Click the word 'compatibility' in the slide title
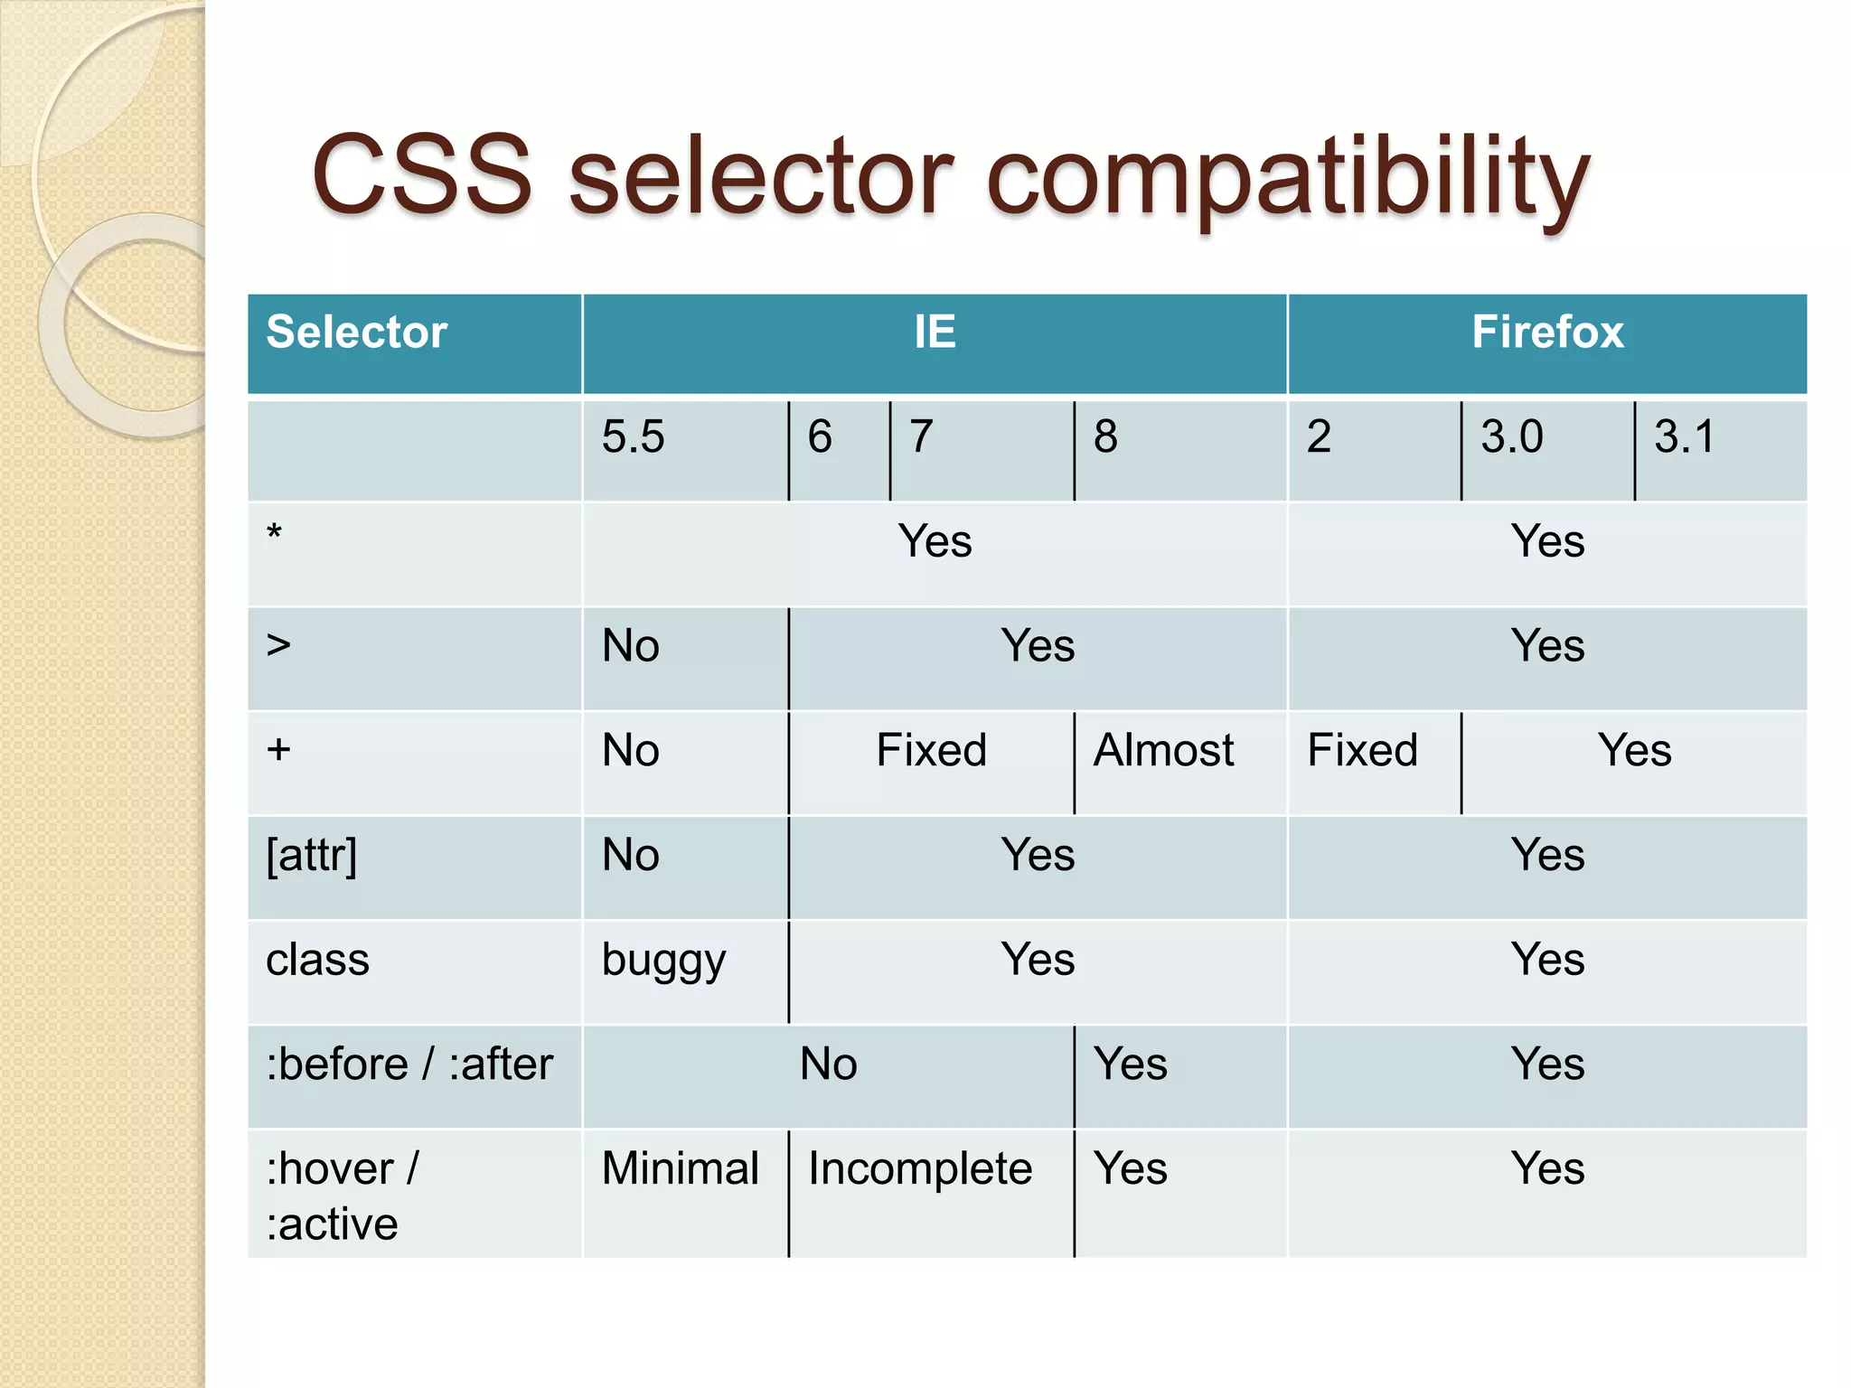(1288, 176)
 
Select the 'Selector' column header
(357, 332)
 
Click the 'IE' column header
(935, 332)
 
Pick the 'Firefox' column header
(1547, 332)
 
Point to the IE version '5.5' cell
(633, 437)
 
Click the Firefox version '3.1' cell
(1684, 437)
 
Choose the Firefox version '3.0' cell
(1511, 437)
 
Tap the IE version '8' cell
(1105, 437)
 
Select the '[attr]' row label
(312, 855)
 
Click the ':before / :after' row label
(409, 1064)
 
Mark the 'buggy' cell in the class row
(663, 961)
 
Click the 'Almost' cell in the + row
(1163, 750)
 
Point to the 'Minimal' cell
(680, 1168)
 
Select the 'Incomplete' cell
(920, 1168)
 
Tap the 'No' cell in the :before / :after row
(828, 1064)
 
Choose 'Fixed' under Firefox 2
(1362, 750)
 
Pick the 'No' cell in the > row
(631, 646)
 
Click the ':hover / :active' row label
(342, 1196)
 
